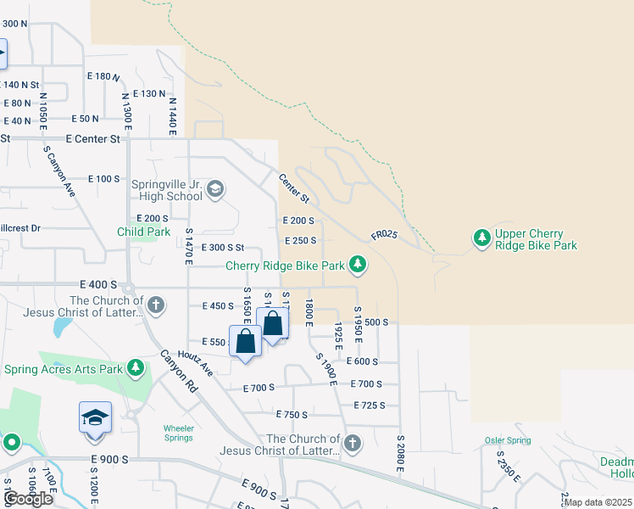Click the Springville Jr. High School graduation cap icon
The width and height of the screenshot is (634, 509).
[x=215, y=188]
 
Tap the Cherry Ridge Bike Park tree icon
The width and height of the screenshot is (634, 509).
[x=359, y=266]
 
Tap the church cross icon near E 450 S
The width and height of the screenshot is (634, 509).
[x=155, y=304]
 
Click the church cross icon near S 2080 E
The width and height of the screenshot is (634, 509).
[x=353, y=443]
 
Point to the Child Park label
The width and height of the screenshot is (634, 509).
[x=143, y=232]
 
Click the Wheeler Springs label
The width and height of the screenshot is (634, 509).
[x=178, y=433]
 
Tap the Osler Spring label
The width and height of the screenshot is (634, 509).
[x=508, y=440]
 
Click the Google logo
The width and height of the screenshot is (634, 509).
[x=29, y=499]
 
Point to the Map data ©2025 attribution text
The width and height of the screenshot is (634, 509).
[x=598, y=502]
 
